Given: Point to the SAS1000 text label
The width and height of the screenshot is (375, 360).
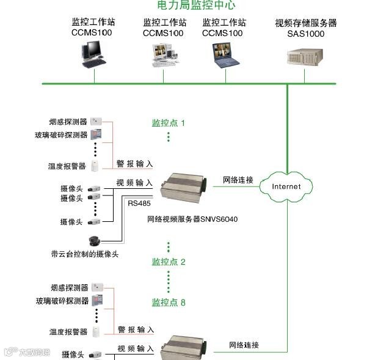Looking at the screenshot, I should coord(305,34).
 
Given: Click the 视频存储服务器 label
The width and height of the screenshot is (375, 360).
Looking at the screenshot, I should coord(305,23).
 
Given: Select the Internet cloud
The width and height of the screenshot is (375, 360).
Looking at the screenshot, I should coord(286,186).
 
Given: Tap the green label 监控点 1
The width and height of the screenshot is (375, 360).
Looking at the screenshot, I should coord(169,123).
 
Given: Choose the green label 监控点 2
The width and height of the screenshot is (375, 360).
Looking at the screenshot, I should coord(169,262).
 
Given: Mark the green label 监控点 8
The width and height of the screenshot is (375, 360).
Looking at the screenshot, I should coord(169,302).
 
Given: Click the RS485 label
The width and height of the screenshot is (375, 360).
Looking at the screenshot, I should coord(139,203).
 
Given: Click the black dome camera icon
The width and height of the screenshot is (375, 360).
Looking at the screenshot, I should coord(95,240).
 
